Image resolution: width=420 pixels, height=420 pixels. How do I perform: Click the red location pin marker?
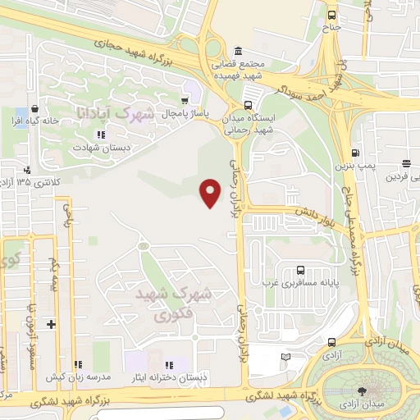212,192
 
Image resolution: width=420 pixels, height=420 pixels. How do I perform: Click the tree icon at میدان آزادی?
363,386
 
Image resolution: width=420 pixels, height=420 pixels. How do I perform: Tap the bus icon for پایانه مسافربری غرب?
299,270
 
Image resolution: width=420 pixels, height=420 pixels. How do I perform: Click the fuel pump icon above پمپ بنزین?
355,153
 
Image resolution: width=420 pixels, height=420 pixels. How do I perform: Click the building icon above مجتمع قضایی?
238,48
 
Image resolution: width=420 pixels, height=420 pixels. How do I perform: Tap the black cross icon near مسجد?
52,324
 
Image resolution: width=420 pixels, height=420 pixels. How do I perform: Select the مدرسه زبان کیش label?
78,377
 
